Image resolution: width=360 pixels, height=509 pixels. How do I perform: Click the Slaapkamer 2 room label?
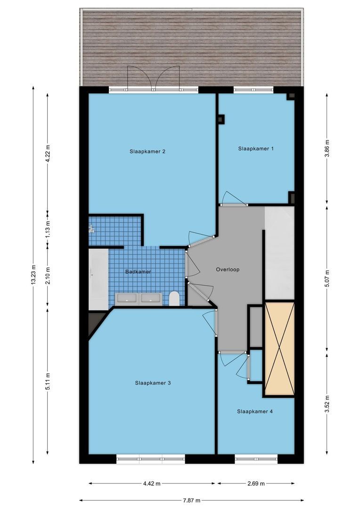point(147,151)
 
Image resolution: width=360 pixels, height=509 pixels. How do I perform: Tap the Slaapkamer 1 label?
point(256,148)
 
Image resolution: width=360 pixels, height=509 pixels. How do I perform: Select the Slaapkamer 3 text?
point(153,383)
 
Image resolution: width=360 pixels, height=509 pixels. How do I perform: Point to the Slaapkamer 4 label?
point(255,411)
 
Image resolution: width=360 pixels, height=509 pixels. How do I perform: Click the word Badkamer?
point(138,272)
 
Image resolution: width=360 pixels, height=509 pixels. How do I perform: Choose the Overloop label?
point(228,270)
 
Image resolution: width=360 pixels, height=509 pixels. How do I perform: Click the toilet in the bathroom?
point(174,299)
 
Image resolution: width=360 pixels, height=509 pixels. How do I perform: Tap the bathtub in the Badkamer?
point(98,279)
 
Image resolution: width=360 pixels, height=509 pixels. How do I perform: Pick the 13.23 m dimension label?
point(33,275)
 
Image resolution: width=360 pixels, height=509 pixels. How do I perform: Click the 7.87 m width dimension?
point(191,500)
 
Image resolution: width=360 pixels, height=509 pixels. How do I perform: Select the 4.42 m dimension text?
point(152,484)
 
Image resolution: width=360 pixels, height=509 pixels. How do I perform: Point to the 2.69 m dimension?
point(256,484)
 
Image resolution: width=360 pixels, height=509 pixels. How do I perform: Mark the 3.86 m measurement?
point(327,148)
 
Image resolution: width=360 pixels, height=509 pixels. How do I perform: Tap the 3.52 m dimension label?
point(327,404)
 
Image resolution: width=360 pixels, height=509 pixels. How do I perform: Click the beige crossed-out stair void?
point(279,349)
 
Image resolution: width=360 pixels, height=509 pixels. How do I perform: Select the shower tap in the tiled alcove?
point(91,229)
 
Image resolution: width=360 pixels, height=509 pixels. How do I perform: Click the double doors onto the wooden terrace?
point(153,77)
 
